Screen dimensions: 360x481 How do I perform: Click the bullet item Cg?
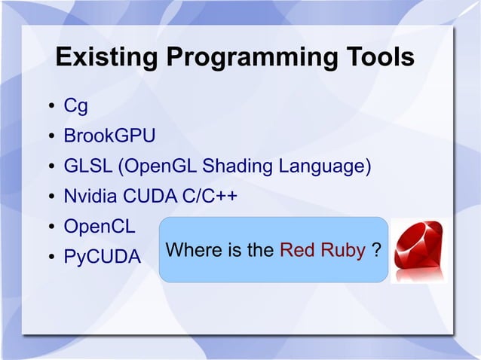click(x=75, y=107)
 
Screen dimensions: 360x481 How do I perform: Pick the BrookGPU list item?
click(x=109, y=136)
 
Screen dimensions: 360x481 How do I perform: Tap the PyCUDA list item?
click(x=102, y=257)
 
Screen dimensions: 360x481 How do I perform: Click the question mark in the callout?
click(x=375, y=251)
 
